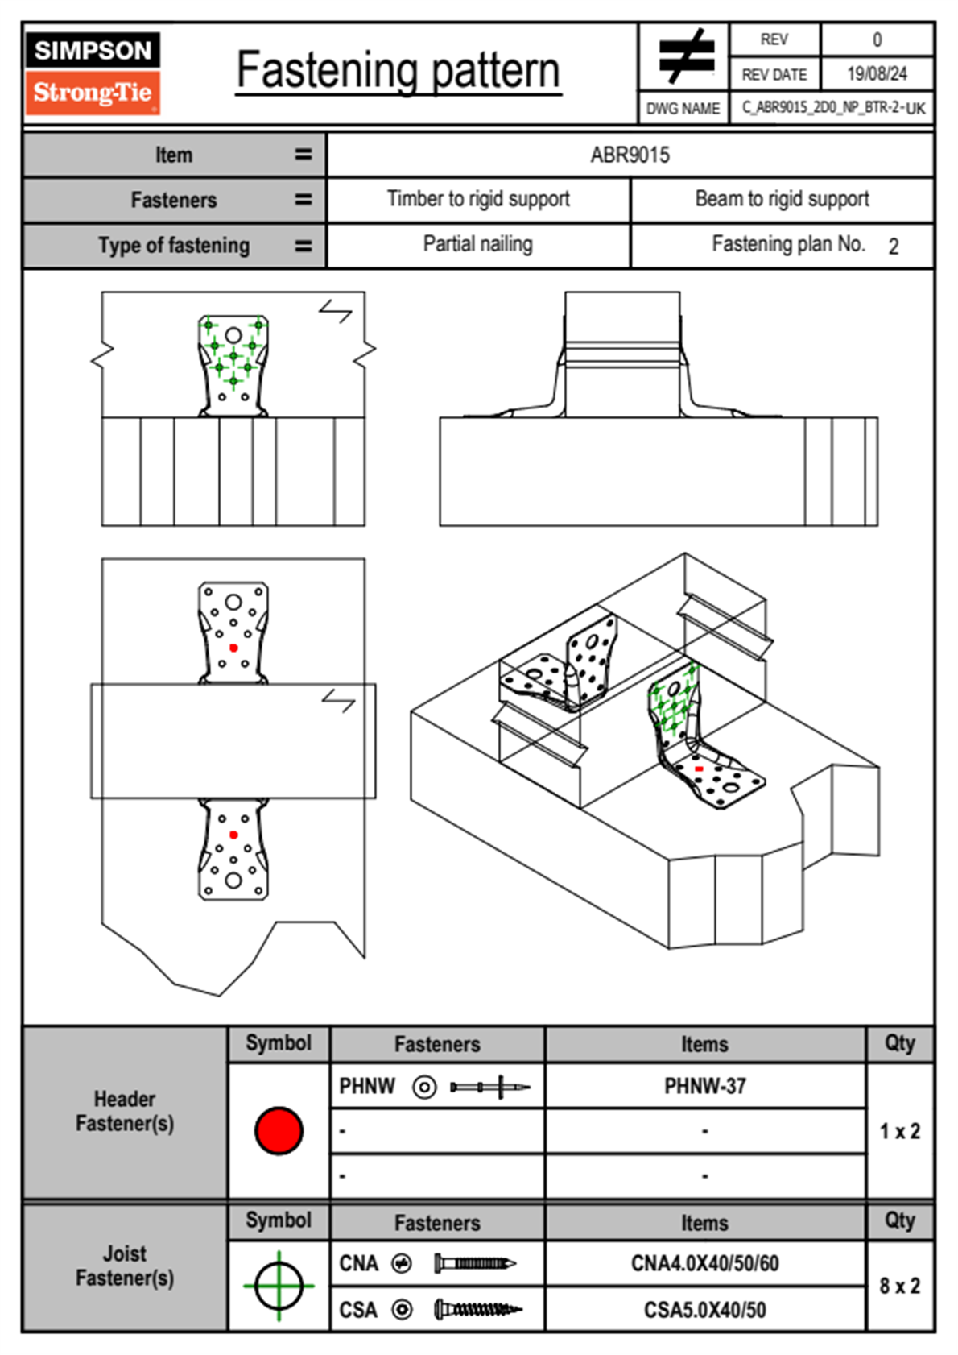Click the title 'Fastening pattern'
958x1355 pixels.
click(x=398, y=70)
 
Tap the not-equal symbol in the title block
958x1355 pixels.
click(x=685, y=56)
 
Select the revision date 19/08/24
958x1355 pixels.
click(x=877, y=74)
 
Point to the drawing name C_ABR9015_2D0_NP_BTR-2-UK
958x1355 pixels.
click(x=833, y=108)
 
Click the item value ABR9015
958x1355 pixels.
click(x=630, y=155)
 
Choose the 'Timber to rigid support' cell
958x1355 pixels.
click(x=478, y=199)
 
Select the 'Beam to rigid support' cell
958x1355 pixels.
click(x=782, y=199)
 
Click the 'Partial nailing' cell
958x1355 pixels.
click(x=478, y=244)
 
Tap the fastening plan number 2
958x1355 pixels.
click(x=893, y=247)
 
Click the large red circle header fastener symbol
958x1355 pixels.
click(x=279, y=1130)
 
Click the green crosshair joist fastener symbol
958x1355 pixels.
click(x=279, y=1286)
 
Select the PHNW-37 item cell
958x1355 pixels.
click(x=704, y=1086)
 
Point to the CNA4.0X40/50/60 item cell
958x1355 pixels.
click(x=704, y=1263)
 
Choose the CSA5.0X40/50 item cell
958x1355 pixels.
click(x=704, y=1310)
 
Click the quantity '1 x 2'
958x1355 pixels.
click(x=899, y=1131)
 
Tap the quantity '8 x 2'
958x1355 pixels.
click(x=899, y=1286)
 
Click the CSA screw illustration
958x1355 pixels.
click(x=477, y=1310)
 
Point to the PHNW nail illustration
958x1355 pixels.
click(x=489, y=1087)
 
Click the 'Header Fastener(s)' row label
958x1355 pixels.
click(x=125, y=1111)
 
